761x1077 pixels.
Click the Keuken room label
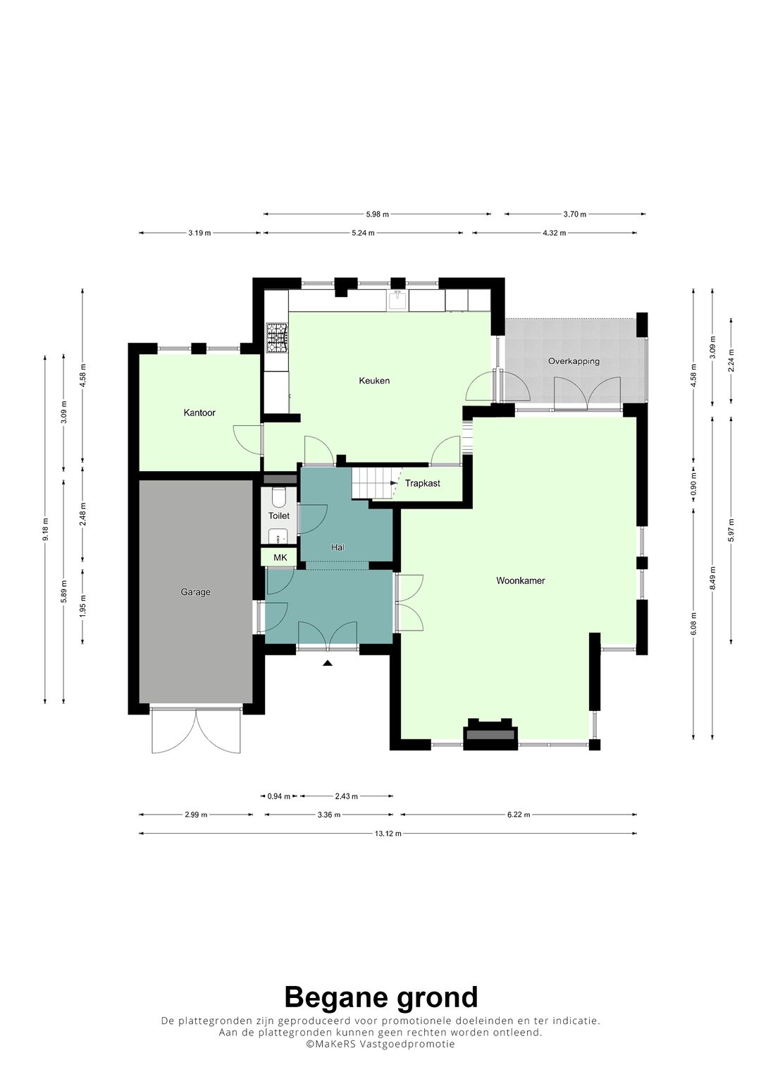tap(374, 381)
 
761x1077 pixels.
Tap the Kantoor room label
tap(199, 413)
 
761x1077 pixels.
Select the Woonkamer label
tap(520, 580)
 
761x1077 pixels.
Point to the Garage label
tap(196, 592)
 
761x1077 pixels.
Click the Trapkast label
tap(422, 483)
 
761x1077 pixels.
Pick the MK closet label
tap(280, 557)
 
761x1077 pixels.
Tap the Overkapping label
tap(574, 361)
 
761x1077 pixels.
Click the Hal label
tap(338, 547)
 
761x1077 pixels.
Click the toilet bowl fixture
tap(279, 497)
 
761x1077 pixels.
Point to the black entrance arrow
tap(328, 664)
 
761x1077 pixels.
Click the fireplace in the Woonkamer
tap(490, 734)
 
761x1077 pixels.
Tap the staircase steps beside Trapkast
tap(372, 484)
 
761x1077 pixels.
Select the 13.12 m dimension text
tap(388, 834)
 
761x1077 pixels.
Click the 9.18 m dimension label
tap(45, 530)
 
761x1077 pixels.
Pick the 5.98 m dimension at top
tap(377, 214)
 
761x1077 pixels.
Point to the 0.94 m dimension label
tap(278, 796)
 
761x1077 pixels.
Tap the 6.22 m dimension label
tap(519, 815)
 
